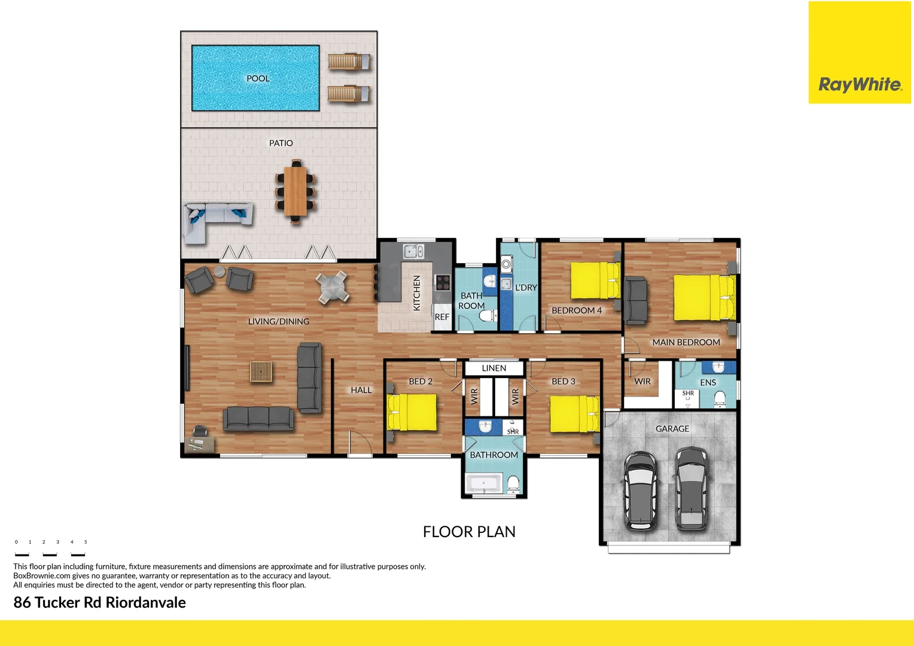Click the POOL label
(x=258, y=78)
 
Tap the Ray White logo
(x=860, y=84)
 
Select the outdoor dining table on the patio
(x=295, y=191)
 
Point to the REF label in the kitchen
(x=442, y=317)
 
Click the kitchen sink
(x=413, y=251)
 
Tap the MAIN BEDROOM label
(x=686, y=342)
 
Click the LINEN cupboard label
(x=494, y=368)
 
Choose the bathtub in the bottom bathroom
(x=485, y=483)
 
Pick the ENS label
(x=708, y=383)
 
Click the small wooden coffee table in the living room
(x=261, y=371)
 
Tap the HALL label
(x=361, y=390)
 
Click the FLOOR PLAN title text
(x=469, y=532)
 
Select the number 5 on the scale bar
(x=86, y=542)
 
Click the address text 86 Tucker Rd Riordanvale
(x=99, y=602)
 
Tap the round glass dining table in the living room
(x=333, y=287)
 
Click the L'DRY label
(x=526, y=288)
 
